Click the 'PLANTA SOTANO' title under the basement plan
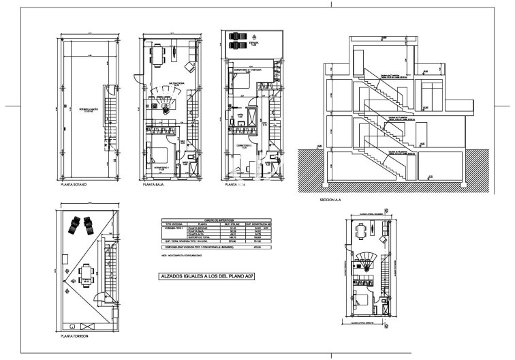tap(76, 185)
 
